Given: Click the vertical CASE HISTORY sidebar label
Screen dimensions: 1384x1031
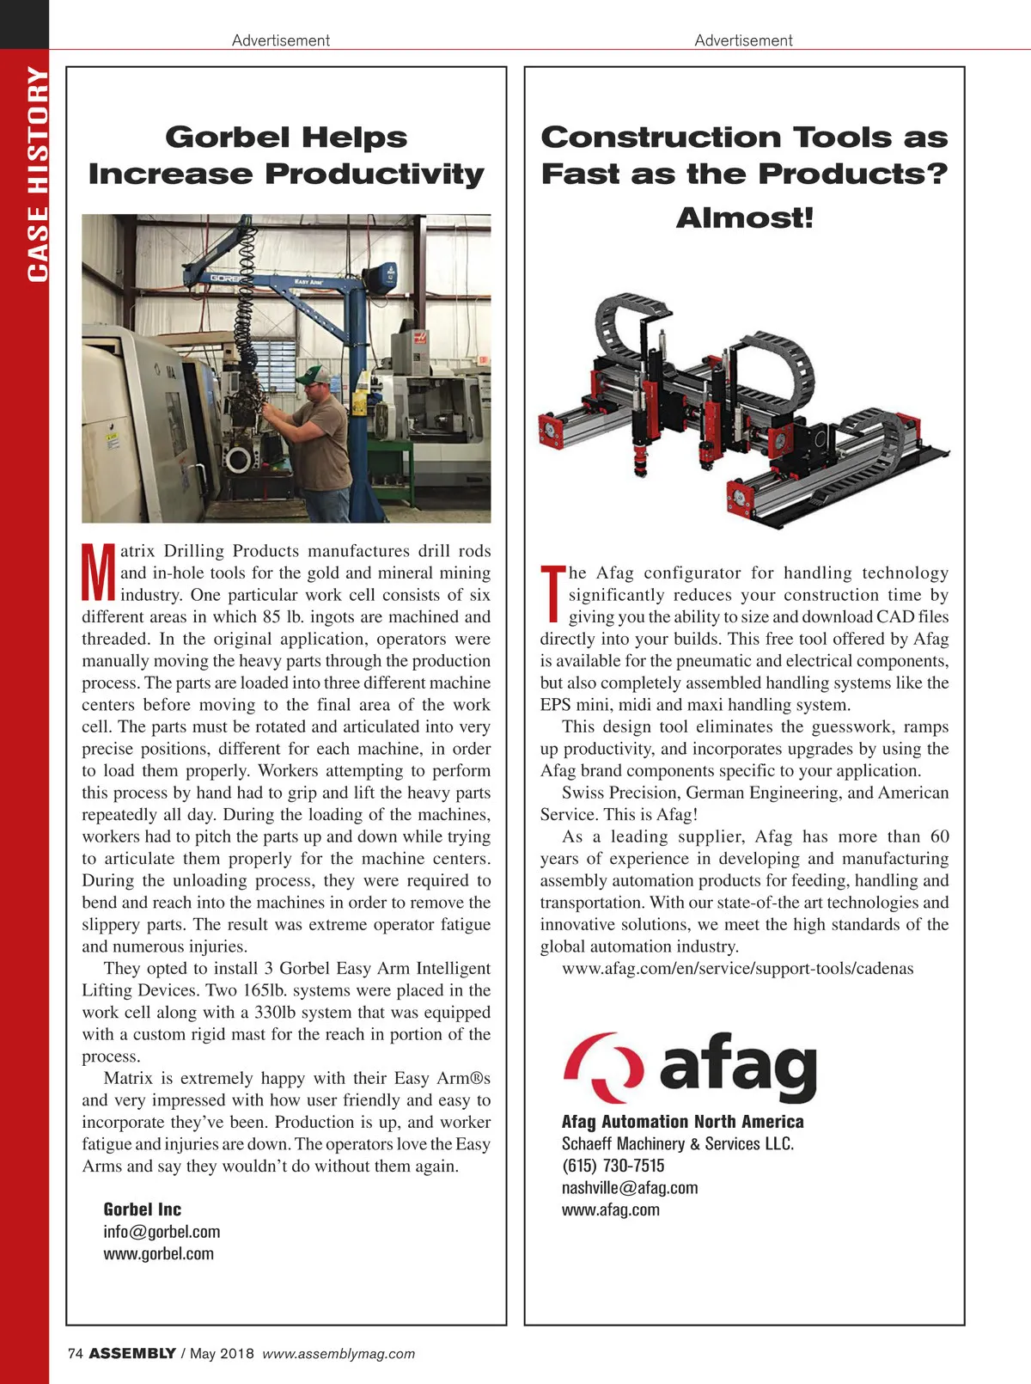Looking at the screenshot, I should tap(37, 174).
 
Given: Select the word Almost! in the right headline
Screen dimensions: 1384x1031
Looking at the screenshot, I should tap(744, 217).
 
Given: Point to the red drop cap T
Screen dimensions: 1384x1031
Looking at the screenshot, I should tap(552, 593).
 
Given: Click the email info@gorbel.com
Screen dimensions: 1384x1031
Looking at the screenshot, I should tap(162, 1232).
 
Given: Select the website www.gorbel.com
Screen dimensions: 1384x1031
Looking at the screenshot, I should tap(158, 1253).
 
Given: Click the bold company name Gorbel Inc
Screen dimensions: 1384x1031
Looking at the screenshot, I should tap(142, 1209).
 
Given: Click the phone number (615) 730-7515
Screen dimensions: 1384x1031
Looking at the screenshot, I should tap(613, 1166).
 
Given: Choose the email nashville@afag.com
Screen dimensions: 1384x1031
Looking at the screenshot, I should tap(630, 1188).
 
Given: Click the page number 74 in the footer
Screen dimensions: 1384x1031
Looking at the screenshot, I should tap(75, 1353).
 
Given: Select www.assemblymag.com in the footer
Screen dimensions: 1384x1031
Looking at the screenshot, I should tap(339, 1353).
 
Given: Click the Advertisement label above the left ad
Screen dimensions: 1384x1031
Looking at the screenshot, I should tap(281, 40).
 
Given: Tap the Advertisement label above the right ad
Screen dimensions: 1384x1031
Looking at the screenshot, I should tap(743, 40).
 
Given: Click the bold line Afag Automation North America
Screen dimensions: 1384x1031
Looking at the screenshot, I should tap(682, 1122).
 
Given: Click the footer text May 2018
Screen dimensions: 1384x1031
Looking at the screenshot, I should tap(222, 1353).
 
